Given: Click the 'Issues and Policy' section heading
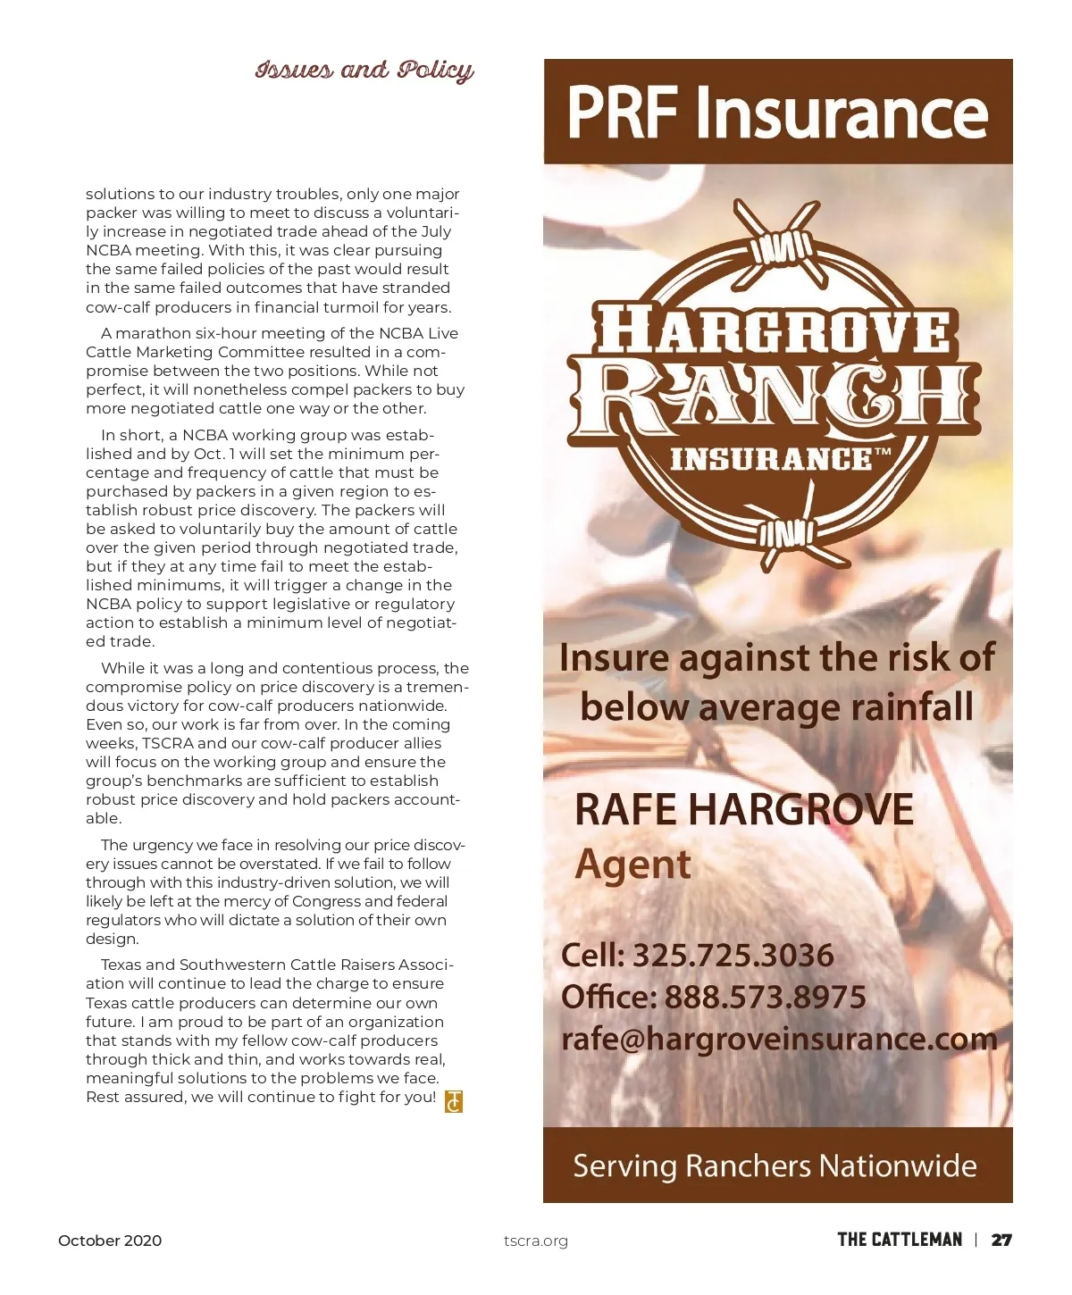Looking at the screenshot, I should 364,71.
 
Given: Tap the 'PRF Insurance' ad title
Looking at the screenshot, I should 777,113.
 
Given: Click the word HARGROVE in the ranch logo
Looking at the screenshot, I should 774,330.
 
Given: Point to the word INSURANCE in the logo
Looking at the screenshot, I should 773,459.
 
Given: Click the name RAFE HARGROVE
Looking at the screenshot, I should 743,810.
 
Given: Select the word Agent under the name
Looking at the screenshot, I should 632,865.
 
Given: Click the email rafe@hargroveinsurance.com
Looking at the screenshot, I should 778,1039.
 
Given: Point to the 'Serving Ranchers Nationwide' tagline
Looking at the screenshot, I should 775,1165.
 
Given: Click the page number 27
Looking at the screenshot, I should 1002,1240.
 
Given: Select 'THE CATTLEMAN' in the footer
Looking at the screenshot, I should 900,1240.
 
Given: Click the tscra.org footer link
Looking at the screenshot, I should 535,1241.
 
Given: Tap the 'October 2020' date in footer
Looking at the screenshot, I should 110,1241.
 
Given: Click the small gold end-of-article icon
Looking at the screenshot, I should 454,1101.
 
